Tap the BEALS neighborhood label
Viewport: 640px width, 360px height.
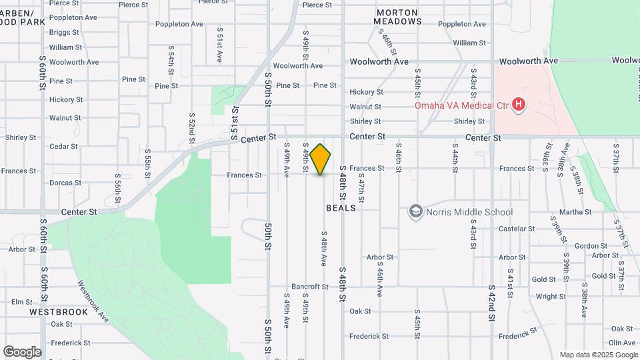coord(341,208)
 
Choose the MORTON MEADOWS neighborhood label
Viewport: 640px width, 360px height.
coord(397,17)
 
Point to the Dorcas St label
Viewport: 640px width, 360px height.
coord(65,183)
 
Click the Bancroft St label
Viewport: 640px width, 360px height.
coord(310,287)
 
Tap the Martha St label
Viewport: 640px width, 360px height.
coord(575,212)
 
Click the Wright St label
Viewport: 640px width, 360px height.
coord(551,297)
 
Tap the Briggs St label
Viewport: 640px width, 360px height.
coord(64,32)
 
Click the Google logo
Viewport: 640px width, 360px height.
coord(22,352)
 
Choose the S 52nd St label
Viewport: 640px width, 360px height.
coord(191,125)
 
